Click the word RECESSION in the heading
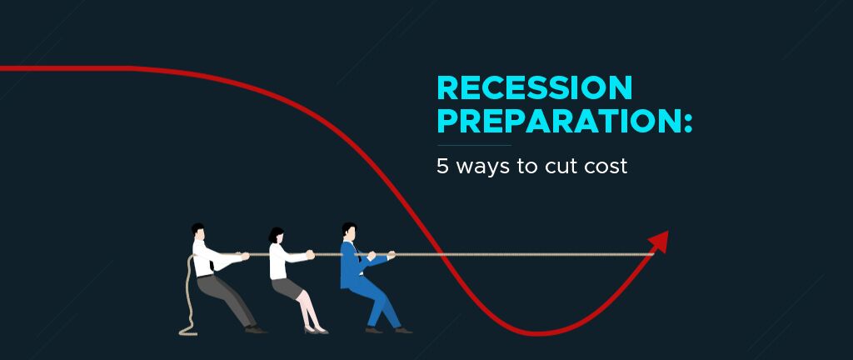pos(534,87)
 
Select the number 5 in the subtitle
pos(442,166)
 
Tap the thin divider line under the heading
pos(474,146)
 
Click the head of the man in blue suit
pos(349,232)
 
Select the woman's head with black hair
pos(276,236)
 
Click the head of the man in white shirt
pos(198,232)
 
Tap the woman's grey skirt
pos(287,287)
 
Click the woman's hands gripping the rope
pos(310,254)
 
